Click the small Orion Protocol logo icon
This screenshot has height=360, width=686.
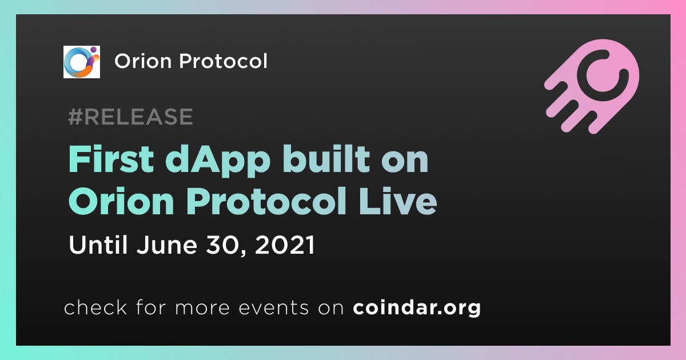coord(81,62)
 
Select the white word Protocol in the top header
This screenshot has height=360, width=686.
coord(224,61)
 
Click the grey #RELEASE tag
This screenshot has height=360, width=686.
coord(130,117)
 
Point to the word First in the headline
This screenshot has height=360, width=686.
coord(111,159)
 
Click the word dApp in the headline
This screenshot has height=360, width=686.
coord(218,161)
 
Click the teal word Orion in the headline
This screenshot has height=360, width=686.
coord(122,201)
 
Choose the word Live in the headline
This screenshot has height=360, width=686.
coord(397,201)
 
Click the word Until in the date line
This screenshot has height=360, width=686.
coord(98,245)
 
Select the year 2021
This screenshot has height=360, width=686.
coord(285,245)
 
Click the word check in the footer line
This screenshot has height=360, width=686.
coord(95,307)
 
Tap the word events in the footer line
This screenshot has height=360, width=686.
coord(274,308)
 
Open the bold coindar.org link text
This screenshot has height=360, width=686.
coord(417,307)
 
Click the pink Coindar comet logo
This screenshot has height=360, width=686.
coord(592,86)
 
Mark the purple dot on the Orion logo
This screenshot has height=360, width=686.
coord(93,50)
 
